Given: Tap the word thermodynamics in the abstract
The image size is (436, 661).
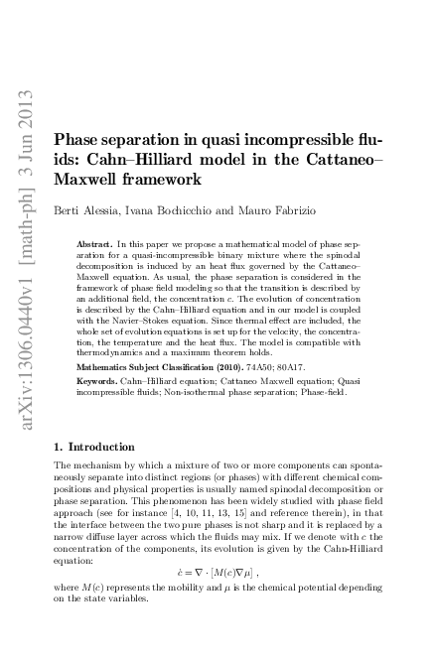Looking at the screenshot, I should [112, 350].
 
